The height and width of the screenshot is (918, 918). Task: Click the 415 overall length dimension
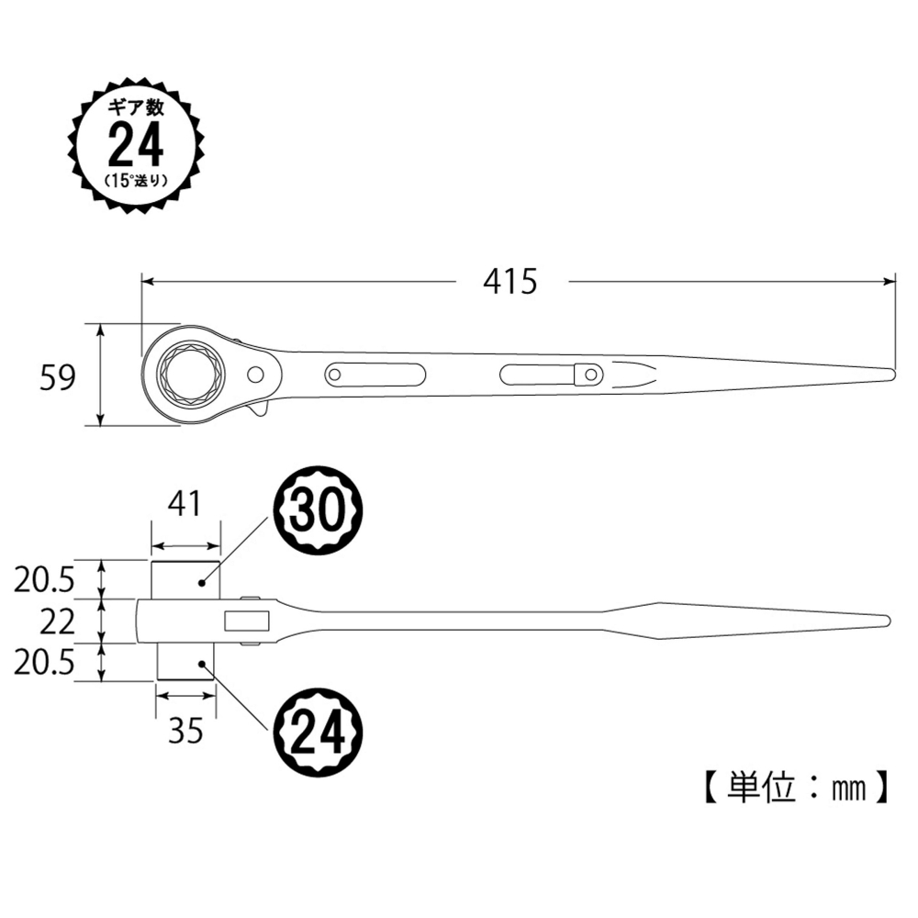(x=509, y=281)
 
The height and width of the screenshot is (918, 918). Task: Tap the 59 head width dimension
(x=57, y=376)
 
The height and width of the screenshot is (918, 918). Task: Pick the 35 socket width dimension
(x=185, y=731)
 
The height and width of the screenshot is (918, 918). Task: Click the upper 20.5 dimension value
(x=44, y=580)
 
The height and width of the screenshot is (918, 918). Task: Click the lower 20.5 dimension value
(x=44, y=663)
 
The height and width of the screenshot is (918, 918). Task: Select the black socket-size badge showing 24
(x=320, y=731)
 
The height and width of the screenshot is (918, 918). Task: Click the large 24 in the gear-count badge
(x=135, y=144)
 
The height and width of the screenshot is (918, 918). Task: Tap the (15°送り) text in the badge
(x=135, y=179)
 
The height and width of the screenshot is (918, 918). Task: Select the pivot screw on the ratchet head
(x=254, y=375)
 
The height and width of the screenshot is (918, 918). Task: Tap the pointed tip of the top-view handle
(x=890, y=374)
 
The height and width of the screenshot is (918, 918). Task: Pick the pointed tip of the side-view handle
(x=886, y=620)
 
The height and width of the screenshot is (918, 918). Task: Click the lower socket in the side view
(x=185, y=662)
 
